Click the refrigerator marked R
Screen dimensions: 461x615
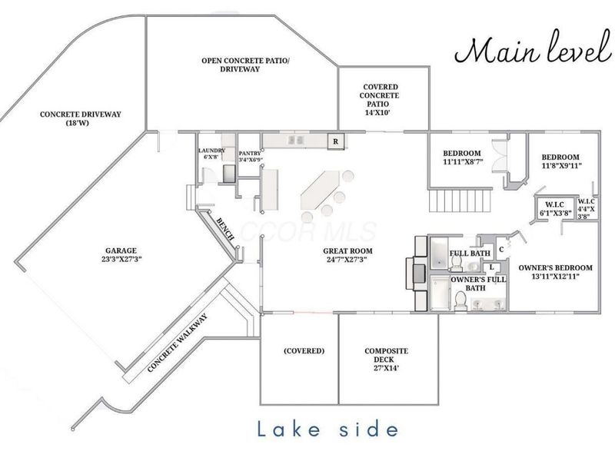click(x=335, y=141)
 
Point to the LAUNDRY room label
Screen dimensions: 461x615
click(x=211, y=151)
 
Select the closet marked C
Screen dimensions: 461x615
click(x=501, y=248)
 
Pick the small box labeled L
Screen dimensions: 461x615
click(x=491, y=267)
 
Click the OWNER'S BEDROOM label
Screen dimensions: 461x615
click(x=555, y=268)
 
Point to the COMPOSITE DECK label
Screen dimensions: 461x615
click(x=387, y=356)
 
